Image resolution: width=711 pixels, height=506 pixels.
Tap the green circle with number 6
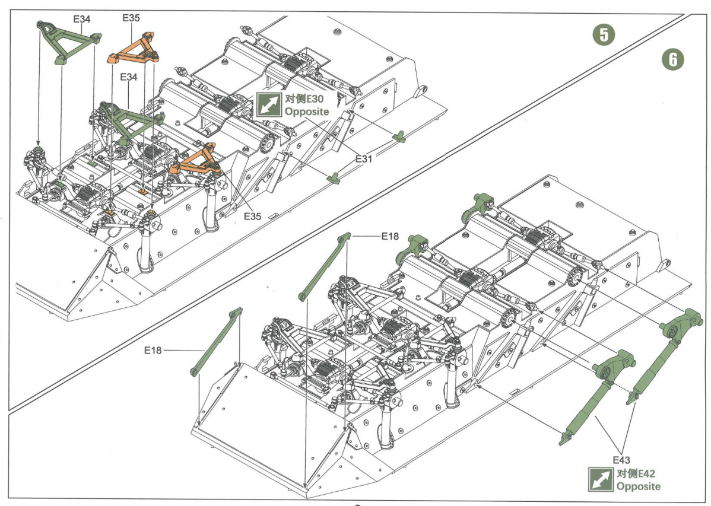(x=672, y=59)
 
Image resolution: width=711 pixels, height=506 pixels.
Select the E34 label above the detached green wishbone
(x=82, y=19)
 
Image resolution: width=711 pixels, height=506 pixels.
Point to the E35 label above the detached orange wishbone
(x=131, y=18)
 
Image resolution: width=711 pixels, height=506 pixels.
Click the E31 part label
(x=364, y=159)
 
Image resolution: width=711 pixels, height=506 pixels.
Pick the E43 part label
(x=621, y=460)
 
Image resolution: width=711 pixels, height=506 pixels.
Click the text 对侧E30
(x=304, y=99)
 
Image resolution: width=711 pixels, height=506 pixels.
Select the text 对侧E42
(x=636, y=474)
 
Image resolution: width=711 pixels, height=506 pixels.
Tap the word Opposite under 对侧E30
(x=306, y=112)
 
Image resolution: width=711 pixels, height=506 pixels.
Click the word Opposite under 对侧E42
(x=639, y=486)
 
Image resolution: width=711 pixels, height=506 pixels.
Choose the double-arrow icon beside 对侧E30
(x=269, y=105)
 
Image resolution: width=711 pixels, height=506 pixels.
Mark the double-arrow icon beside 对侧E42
(x=601, y=480)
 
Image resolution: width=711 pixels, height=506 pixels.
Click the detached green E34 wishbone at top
(x=68, y=41)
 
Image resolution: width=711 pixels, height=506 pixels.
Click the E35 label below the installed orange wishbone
(x=253, y=217)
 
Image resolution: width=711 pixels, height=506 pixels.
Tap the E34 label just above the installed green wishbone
(x=129, y=77)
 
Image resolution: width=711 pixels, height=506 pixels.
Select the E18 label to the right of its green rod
(x=390, y=236)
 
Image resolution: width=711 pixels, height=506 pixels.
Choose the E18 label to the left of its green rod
(x=153, y=350)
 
